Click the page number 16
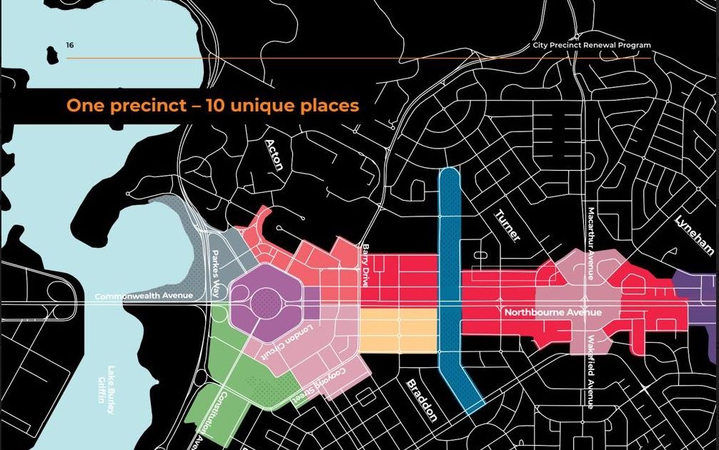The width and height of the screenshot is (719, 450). tap(69, 46)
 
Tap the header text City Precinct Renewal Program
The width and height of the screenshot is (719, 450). tap(592, 45)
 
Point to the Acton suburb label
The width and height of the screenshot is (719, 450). tap(274, 154)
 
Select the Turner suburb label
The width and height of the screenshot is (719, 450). tap(508, 226)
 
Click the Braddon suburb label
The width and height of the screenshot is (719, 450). tap(421, 400)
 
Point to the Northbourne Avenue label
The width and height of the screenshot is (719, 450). tap(552, 313)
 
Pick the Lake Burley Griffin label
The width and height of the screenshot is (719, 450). tap(111, 390)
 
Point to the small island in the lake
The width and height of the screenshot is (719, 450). tap(51, 54)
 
